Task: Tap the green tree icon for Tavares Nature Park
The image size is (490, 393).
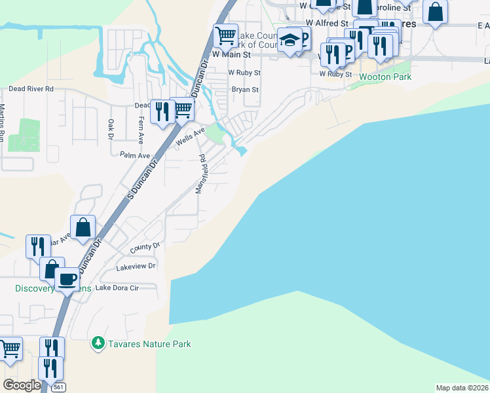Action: coord(98,343)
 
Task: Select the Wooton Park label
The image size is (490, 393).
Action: coord(385,76)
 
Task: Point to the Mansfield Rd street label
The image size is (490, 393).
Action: coord(202,174)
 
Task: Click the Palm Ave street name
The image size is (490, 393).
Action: coord(135,155)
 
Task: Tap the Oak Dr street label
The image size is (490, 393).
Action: coord(111,129)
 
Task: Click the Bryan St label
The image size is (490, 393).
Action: coord(246,90)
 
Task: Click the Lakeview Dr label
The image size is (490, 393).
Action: coord(136,267)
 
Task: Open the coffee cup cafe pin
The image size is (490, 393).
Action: coord(66,278)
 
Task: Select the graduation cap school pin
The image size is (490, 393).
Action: coord(288,40)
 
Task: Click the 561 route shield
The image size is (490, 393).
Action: coord(58,386)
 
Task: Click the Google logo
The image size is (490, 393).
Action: coord(22,384)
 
